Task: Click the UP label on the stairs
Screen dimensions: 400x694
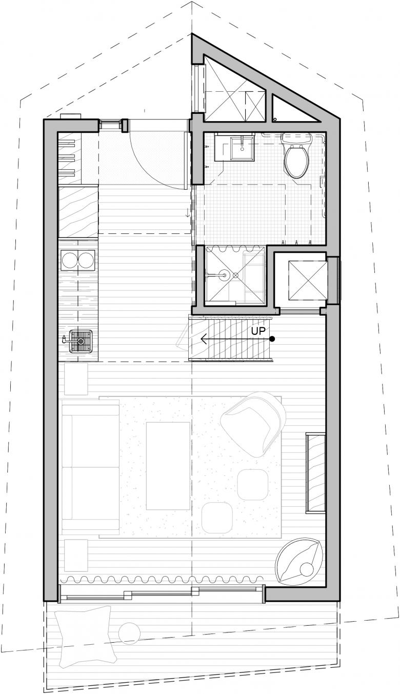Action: click(258, 331)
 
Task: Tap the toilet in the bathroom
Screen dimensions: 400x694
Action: click(296, 155)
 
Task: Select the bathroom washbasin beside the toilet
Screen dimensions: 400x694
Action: click(242, 148)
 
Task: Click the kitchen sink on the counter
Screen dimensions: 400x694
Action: click(81, 342)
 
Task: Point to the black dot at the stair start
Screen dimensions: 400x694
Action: click(272, 339)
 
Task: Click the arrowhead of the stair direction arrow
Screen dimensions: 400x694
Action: click(203, 339)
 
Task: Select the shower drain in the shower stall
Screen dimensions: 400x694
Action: click(235, 274)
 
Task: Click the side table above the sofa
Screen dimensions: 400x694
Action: click(76, 379)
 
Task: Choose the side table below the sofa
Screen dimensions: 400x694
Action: click(76, 554)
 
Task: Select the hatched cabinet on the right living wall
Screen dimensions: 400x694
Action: click(315, 473)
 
